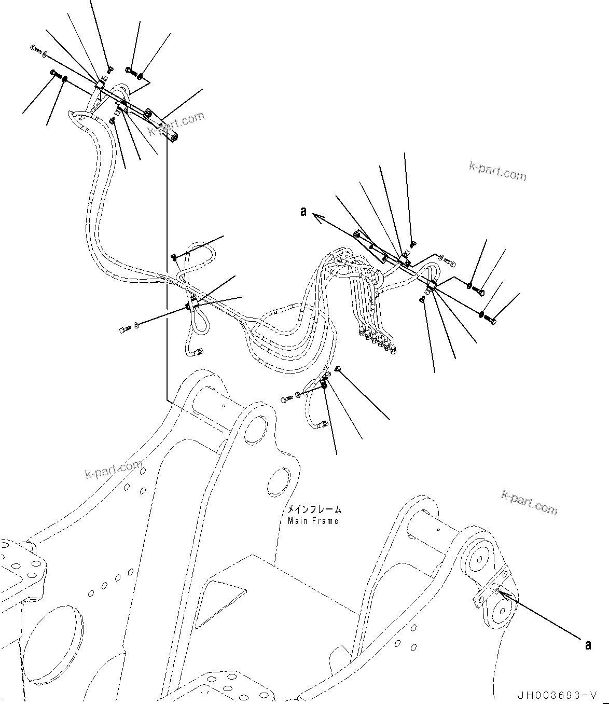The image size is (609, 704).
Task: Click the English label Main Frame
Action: (313, 520)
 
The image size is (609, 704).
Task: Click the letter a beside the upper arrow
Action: (303, 212)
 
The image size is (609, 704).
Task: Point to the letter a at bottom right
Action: (588, 645)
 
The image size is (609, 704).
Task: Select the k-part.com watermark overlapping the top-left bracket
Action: (176, 123)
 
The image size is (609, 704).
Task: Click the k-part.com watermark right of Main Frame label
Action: (529, 502)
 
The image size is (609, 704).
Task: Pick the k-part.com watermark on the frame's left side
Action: (113, 470)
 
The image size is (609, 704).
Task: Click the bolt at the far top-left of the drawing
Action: (35, 49)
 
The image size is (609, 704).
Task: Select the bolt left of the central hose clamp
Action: (124, 329)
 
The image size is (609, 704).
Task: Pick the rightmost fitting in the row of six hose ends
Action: (394, 352)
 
